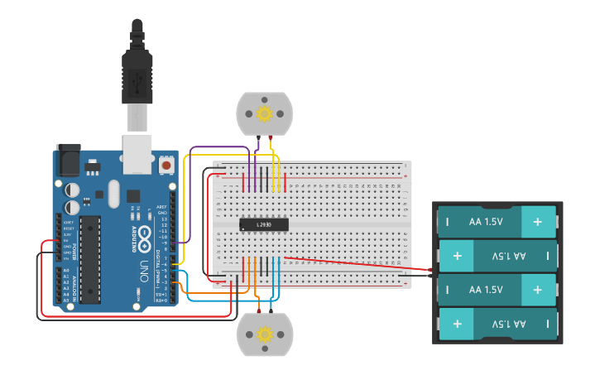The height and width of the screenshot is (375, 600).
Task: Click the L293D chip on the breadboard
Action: tap(264, 224)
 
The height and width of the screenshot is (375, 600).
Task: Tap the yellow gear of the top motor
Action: tap(265, 113)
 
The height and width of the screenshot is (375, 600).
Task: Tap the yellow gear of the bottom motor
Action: tap(265, 334)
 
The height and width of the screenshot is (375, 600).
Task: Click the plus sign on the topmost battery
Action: tap(538, 222)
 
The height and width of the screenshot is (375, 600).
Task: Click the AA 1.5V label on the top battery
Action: tap(486, 222)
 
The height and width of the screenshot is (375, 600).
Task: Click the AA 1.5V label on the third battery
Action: tap(486, 290)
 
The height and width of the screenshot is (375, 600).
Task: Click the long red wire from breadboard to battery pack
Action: tap(356, 263)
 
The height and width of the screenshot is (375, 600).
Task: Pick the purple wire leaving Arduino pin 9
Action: tap(190, 199)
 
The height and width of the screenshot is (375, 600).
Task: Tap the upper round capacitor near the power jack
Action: tap(73, 188)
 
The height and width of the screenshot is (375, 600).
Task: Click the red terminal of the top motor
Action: tap(271, 136)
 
